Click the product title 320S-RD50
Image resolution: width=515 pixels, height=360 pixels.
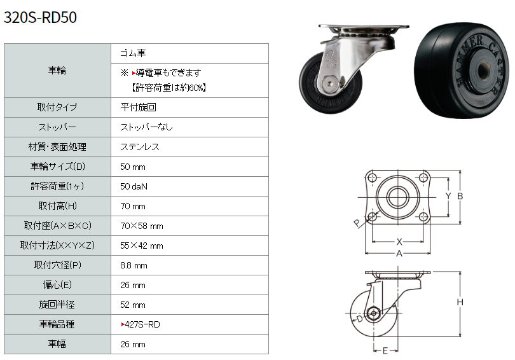(40, 17)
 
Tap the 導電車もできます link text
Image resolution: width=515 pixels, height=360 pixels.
(168, 73)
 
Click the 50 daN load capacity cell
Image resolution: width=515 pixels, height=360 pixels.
(134, 186)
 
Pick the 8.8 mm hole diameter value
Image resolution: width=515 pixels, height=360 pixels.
(134, 265)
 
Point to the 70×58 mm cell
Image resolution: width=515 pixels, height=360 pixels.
(142, 226)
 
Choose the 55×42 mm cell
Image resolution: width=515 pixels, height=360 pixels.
(142, 246)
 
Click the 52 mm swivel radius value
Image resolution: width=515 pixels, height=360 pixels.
(133, 305)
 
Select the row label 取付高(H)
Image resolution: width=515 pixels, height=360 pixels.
(57, 206)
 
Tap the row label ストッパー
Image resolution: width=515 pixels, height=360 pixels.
(57, 127)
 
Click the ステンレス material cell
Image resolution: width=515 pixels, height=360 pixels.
(140, 147)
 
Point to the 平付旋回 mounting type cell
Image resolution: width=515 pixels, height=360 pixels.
(138, 107)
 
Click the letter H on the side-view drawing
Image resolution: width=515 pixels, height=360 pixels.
(460, 302)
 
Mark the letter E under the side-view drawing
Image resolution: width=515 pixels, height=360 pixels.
(385, 351)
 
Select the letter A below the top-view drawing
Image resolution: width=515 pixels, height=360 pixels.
(399, 254)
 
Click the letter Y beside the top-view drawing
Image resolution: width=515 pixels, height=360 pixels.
(448, 196)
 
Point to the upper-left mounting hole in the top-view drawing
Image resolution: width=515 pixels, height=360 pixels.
(372, 178)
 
